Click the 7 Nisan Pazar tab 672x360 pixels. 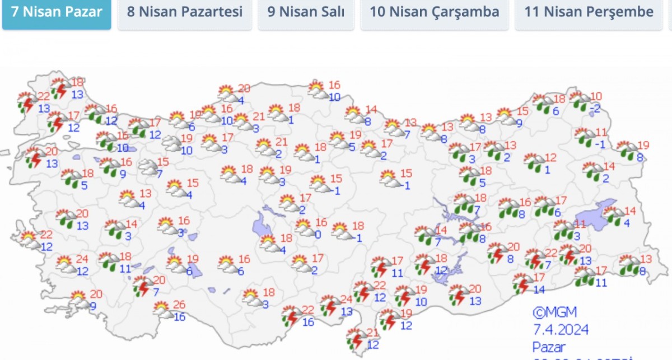[57, 12]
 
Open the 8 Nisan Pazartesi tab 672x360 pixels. [184, 12]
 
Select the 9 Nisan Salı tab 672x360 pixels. [306, 12]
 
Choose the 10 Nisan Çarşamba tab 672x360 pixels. [435, 12]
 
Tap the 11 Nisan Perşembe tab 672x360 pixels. [589, 12]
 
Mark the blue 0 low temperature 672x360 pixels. [318, 235]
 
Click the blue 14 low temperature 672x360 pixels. [539, 290]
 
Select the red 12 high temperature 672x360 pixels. [550, 158]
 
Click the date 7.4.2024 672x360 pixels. [560, 330]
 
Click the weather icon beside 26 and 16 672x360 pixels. [162, 309]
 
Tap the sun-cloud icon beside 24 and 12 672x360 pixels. [66, 263]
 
